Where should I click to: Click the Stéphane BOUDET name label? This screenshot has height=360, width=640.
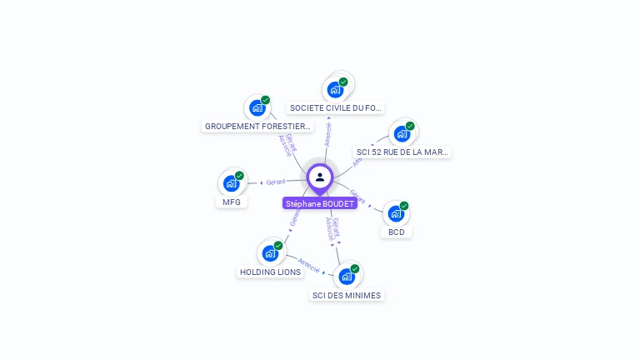[x=320, y=203]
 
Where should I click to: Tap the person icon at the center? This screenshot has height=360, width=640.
[x=320, y=177]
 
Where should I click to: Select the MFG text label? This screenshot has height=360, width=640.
[x=232, y=202]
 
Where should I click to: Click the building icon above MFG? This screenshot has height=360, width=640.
[x=231, y=183]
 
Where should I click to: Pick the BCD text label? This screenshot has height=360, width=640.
[x=396, y=232]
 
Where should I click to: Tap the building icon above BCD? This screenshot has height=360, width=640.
[x=396, y=213]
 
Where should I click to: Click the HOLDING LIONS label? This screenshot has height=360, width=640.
[x=270, y=272]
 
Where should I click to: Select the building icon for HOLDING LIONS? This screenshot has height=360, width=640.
[x=270, y=252]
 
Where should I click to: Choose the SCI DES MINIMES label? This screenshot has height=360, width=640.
[x=347, y=295]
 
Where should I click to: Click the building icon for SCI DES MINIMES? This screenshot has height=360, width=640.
[x=347, y=276]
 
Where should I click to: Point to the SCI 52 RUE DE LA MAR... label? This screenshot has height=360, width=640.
[x=402, y=152]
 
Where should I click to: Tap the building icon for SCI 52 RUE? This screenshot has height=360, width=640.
[x=402, y=133]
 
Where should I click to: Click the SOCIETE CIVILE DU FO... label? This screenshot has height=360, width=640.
[x=335, y=107]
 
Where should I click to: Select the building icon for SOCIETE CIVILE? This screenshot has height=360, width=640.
[x=335, y=89]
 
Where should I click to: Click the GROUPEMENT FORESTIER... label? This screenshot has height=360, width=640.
[x=257, y=127]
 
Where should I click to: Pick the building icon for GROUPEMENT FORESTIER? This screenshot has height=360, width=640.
[x=257, y=107]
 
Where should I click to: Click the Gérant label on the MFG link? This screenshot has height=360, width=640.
[x=276, y=182]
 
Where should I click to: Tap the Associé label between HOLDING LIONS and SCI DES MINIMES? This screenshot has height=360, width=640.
[x=309, y=265]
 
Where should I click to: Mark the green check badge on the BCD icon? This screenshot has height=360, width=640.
[x=404, y=206]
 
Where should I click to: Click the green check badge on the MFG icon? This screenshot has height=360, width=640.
[x=239, y=176]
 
